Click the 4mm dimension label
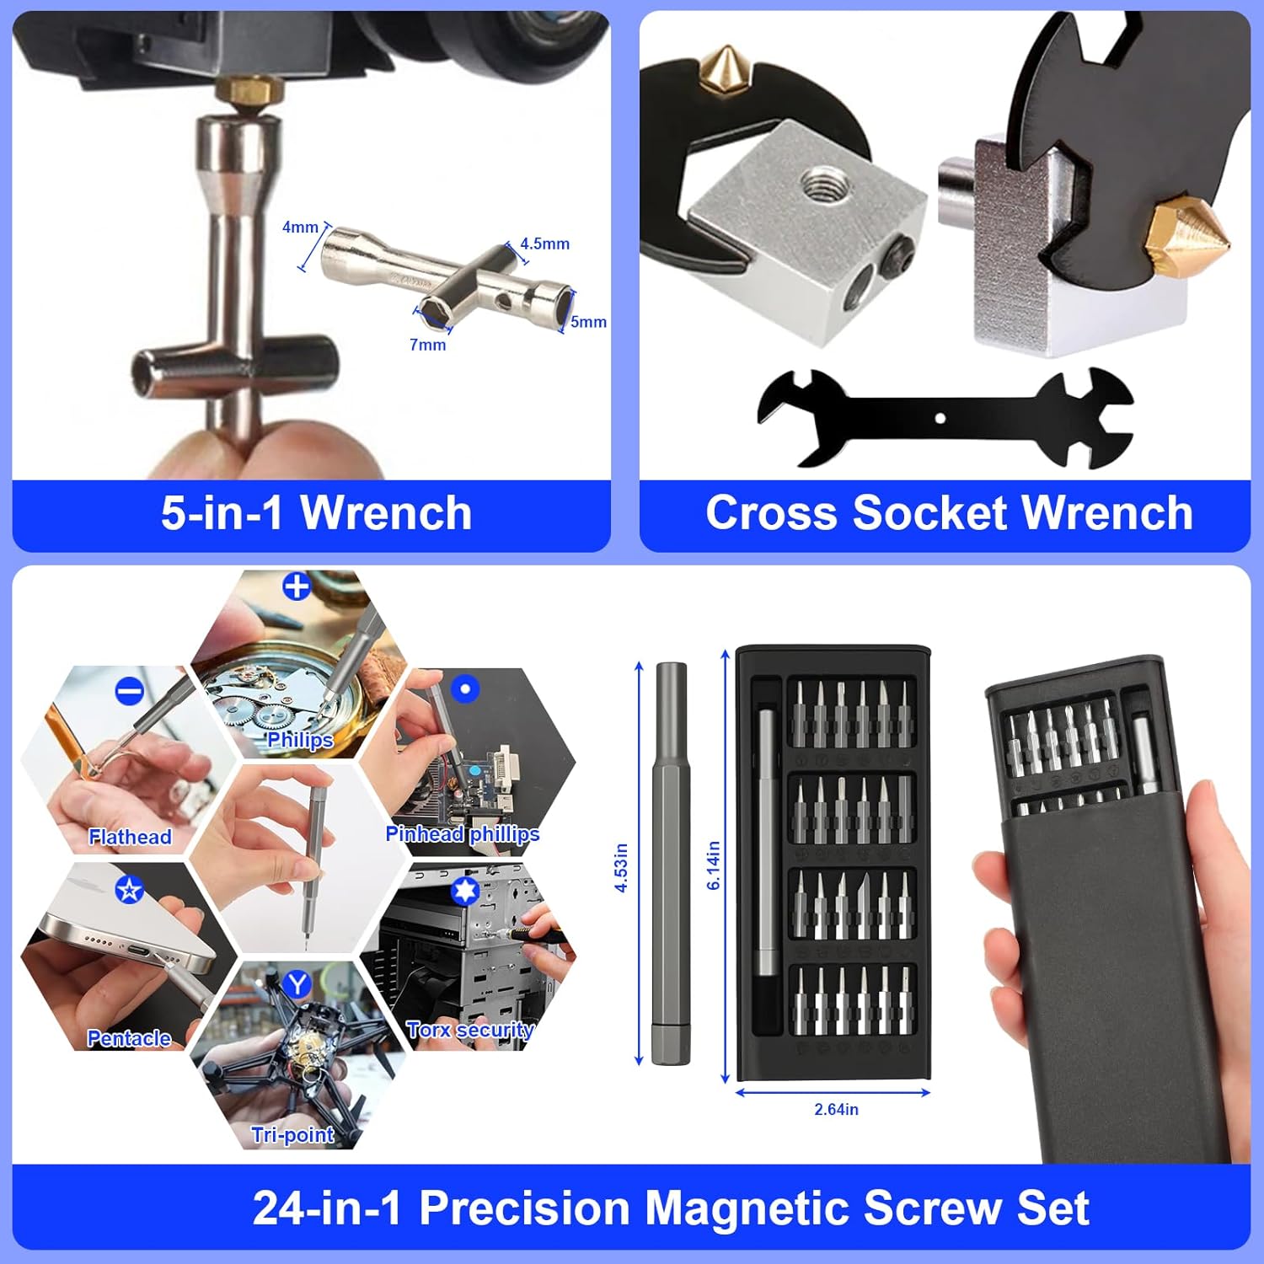pyautogui.click(x=300, y=228)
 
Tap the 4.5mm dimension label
pyautogui.click(x=544, y=244)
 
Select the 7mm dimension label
pyautogui.click(x=427, y=345)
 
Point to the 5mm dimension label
pyautogui.click(x=588, y=322)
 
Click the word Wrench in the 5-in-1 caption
pyautogui.click(x=386, y=513)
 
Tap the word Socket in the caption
pyautogui.click(x=929, y=513)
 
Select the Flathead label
pyautogui.click(x=130, y=837)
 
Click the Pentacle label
pyautogui.click(x=129, y=1038)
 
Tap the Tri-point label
pyautogui.click(x=292, y=1135)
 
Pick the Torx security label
pyautogui.click(x=469, y=1030)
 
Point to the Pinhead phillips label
pyautogui.click(x=462, y=833)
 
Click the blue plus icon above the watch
pyautogui.click(x=297, y=586)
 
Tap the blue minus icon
pyautogui.click(x=129, y=692)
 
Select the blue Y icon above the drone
pyautogui.click(x=297, y=983)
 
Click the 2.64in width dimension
pyautogui.click(x=836, y=1110)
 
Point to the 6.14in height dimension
pyautogui.click(x=713, y=865)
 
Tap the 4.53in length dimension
pyautogui.click(x=621, y=867)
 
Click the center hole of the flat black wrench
pyautogui.click(x=940, y=418)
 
